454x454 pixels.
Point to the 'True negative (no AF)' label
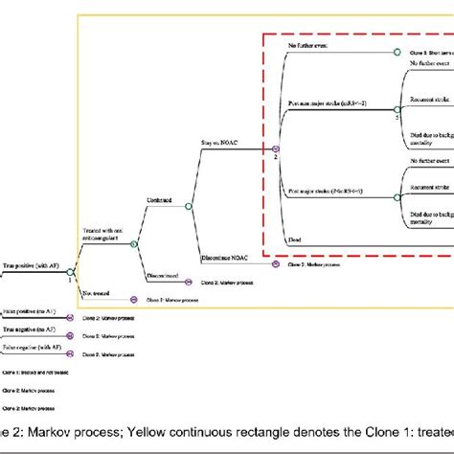click(28, 330)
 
